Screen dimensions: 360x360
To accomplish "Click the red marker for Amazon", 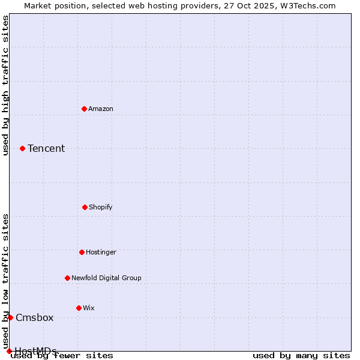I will pos(84,109).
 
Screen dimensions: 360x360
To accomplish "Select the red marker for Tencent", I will pos(22,148).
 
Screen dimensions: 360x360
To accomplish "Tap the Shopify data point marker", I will pos(85,207).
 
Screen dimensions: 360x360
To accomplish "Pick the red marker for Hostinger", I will pos(82,252).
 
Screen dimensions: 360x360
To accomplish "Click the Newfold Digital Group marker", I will pos(67,278).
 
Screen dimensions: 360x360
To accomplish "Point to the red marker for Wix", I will pos(79,308).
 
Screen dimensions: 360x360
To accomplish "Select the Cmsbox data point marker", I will pos(10,317).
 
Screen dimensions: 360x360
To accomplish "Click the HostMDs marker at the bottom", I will pos(9,351).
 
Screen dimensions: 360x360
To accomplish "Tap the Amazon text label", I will pos(101,109).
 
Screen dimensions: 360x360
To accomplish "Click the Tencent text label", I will pos(46,148).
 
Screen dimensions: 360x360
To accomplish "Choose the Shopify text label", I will pos(101,207).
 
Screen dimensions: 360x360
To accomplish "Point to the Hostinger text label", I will pos(101,252).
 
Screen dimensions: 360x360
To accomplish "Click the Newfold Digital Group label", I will pos(106,278).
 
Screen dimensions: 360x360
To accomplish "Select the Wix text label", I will pos(89,308).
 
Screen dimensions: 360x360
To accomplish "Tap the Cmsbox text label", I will pos(35,317).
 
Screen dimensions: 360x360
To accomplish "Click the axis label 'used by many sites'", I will pos(301,355).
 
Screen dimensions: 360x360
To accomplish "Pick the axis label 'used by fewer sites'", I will pos(62,355).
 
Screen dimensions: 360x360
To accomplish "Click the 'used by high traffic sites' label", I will pos(5,85).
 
